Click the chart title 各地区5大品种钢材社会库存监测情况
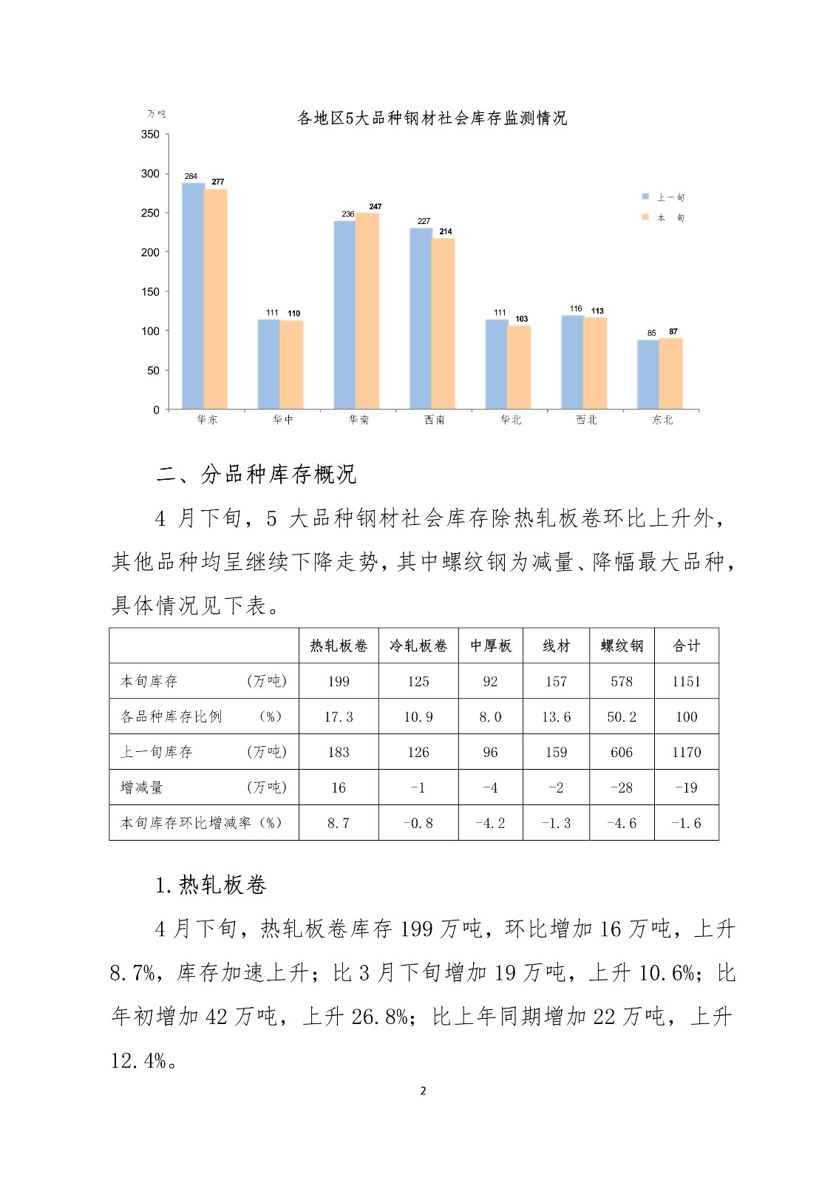click(x=432, y=118)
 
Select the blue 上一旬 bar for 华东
click(x=193, y=296)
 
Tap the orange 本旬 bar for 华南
click(x=367, y=311)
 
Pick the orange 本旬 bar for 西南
click(x=444, y=323)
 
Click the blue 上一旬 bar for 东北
click(x=648, y=374)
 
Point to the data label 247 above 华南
click(x=375, y=207)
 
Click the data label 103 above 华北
click(x=522, y=319)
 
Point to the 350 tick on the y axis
click(x=150, y=135)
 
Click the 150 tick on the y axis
click(x=150, y=292)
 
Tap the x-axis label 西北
click(x=586, y=420)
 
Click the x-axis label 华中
click(x=283, y=420)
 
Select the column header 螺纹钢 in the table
click(x=622, y=646)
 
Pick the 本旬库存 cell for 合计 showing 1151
click(x=686, y=682)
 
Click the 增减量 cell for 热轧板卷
click(x=339, y=788)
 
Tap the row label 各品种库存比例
click(x=171, y=716)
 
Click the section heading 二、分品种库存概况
click(x=256, y=475)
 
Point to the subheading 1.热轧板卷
click(x=211, y=885)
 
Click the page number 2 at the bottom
click(x=423, y=1091)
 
